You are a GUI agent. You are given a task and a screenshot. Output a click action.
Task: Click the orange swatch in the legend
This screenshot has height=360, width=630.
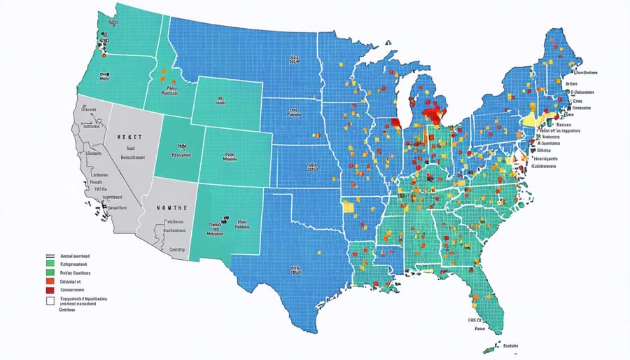tap(50, 280)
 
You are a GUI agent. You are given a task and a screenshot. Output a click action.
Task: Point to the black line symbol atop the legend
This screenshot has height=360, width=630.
tap(50, 256)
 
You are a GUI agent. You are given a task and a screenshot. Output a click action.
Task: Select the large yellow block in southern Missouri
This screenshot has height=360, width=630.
tap(348, 206)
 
